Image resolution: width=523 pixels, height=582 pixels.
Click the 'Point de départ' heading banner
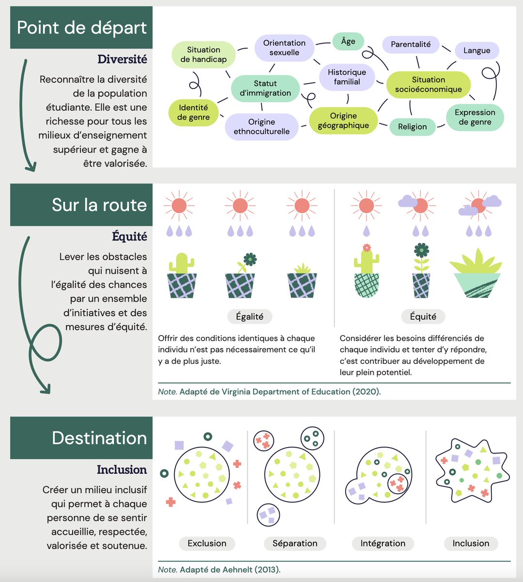81,28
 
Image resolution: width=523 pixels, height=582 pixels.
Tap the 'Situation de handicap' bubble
204,54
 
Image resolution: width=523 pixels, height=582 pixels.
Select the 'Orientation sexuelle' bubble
285,48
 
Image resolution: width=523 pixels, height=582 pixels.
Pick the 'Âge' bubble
348,42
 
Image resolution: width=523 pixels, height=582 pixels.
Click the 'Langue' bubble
476,50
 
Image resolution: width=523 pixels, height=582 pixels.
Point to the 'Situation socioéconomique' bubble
428,84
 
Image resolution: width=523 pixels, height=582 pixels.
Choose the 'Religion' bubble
412,127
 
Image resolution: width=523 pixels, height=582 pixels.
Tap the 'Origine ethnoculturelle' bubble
262,127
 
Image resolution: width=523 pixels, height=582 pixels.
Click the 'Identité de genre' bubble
193,112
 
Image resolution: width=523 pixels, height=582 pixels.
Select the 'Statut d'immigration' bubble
265,88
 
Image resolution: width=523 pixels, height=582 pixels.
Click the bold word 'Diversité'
122,59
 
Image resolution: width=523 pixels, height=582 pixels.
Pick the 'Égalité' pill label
250,317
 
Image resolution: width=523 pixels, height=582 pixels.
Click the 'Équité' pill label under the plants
423,317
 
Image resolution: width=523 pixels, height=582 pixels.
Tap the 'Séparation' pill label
295,543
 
